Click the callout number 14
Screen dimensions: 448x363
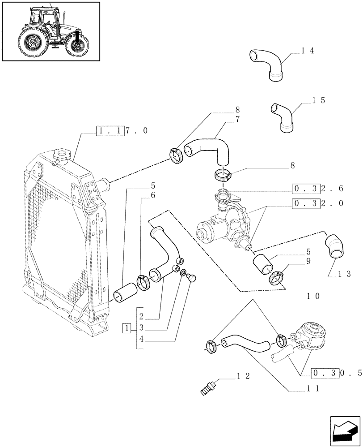coord(308,51)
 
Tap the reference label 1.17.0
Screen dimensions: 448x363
coord(122,130)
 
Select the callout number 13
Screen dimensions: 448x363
coord(344,274)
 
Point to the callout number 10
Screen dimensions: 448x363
coord(312,296)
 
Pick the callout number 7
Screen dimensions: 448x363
coord(238,119)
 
